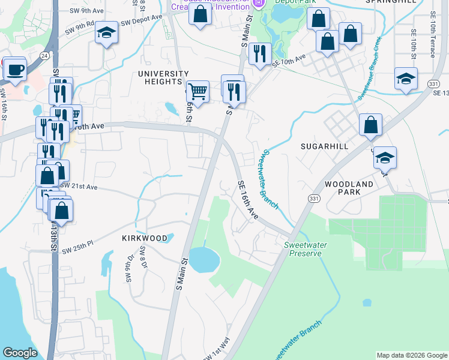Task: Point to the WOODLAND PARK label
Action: click(349, 188)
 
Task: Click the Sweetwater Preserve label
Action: click(303, 249)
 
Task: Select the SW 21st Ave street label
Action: click(79, 186)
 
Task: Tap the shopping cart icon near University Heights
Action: click(197, 91)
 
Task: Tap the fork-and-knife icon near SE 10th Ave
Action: click(260, 54)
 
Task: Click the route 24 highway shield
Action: click(44, 55)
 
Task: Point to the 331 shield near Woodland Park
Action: click(313, 197)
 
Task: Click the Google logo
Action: click(20, 353)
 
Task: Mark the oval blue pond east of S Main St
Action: click(204, 260)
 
